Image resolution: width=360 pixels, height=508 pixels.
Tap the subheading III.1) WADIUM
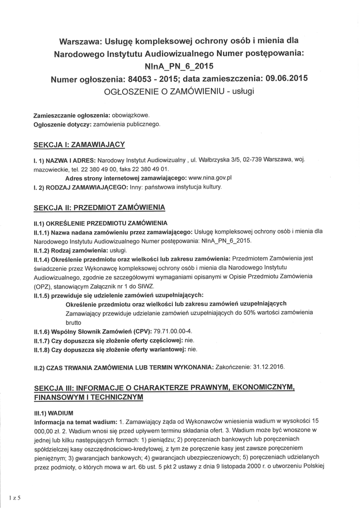[54, 412]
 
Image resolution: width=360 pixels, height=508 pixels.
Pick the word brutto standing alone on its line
[73, 321]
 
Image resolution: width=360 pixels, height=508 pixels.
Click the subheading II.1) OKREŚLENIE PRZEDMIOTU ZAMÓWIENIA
[100, 223]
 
